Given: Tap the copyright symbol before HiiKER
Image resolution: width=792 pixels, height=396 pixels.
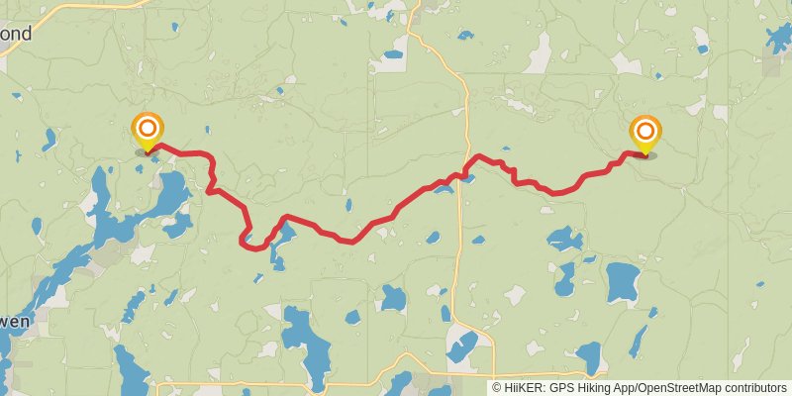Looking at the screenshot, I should pyautogui.click(x=497, y=388).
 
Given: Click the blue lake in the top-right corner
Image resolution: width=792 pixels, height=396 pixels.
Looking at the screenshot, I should pyautogui.click(x=779, y=37).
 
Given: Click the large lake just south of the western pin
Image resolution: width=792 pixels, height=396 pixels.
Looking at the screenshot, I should pyautogui.click(x=171, y=188).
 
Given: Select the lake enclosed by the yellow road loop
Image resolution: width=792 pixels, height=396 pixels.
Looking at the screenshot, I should pyautogui.click(x=461, y=346).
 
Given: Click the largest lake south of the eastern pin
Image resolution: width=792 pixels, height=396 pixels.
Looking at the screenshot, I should pyautogui.click(x=623, y=282).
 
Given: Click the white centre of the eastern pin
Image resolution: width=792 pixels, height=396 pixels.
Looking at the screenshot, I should pyautogui.click(x=645, y=129).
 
